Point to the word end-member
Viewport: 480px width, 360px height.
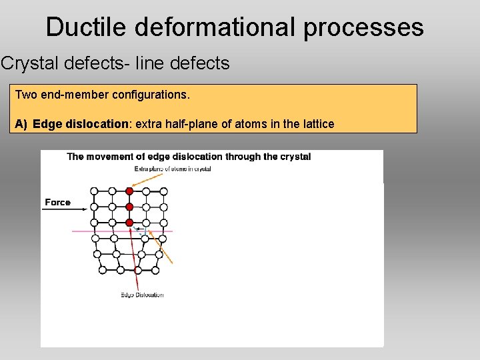pyautogui.click(x=75, y=95)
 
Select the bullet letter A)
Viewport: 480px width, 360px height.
pyautogui.click(x=21, y=124)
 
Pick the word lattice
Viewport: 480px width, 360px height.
pyautogui.click(x=317, y=124)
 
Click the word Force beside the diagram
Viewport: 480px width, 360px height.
pyautogui.click(x=58, y=202)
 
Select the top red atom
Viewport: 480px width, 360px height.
pyautogui.click(x=129, y=191)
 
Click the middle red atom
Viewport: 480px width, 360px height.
pyautogui.click(x=129, y=207)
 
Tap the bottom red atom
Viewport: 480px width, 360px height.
pyautogui.click(x=129, y=223)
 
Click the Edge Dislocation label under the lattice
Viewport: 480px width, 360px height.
pyautogui.click(x=142, y=295)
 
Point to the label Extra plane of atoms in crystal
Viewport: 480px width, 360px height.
pyautogui.click(x=173, y=169)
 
